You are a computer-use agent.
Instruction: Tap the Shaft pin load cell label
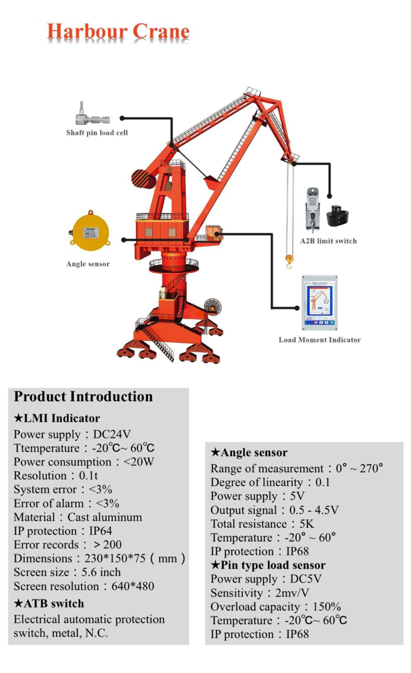click(x=97, y=133)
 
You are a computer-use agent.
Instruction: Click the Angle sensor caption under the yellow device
click(x=88, y=264)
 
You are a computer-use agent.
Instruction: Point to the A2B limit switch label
click(x=328, y=241)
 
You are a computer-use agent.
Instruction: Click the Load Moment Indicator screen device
click(x=320, y=302)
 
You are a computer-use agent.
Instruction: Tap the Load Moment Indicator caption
click(x=319, y=340)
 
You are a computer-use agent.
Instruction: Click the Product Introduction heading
click(x=83, y=397)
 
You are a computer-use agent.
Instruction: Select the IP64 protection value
click(x=101, y=531)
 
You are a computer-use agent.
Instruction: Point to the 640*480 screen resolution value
click(x=133, y=586)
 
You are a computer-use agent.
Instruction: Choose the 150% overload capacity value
click(x=326, y=607)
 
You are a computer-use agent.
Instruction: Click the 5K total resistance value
click(x=307, y=524)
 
